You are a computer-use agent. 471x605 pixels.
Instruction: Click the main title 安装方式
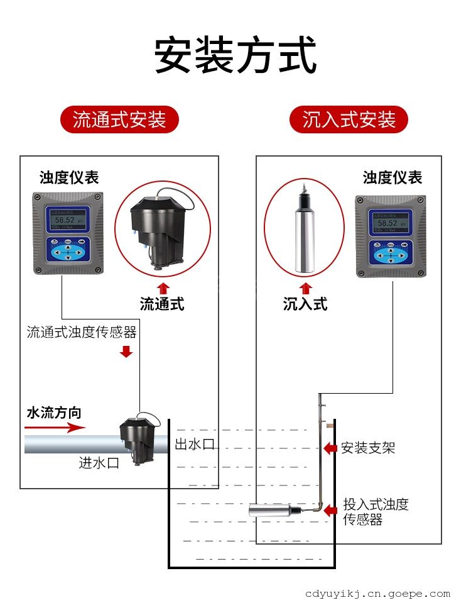tap(235, 56)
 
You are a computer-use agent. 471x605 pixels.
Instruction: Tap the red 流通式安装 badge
tap(119, 119)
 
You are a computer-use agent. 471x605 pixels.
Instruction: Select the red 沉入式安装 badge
tap(349, 119)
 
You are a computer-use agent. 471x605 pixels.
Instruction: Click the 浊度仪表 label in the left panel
tap(69, 177)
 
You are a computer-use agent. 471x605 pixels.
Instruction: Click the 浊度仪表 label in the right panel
tap(392, 177)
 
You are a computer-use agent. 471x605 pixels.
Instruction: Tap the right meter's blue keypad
tap(391, 254)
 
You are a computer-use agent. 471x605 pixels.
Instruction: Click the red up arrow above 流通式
tap(162, 289)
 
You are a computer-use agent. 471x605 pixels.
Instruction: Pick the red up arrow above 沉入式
tap(306, 289)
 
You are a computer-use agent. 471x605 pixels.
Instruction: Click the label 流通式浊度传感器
tap(82, 332)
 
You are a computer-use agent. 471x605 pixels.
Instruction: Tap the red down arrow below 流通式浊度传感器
tap(126, 351)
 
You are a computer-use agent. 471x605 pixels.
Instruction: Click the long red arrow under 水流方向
tap(55, 428)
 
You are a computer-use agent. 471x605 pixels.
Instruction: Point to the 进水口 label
tap(99, 463)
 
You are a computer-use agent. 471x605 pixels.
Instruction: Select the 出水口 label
tap(194, 444)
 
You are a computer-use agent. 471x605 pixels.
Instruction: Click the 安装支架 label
tap(368, 448)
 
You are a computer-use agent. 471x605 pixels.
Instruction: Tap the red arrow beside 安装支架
tap(330, 448)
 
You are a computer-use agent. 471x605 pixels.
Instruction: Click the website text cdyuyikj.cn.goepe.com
tap(377, 593)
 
